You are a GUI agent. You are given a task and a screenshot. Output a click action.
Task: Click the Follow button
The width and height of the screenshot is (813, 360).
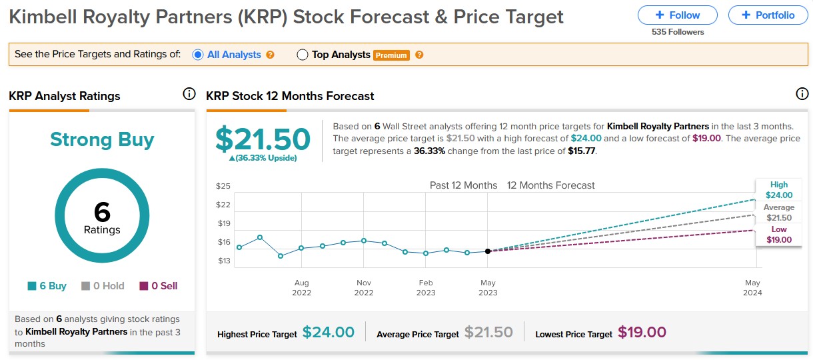pos(677,15)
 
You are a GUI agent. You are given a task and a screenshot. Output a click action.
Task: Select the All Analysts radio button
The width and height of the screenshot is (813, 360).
pos(198,55)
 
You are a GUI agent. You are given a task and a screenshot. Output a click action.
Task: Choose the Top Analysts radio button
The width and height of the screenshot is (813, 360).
pos(303,55)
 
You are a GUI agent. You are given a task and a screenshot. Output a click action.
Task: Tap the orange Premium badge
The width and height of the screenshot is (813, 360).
pos(391,55)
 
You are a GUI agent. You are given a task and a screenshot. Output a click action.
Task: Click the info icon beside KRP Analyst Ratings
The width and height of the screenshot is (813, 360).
pos(189,94)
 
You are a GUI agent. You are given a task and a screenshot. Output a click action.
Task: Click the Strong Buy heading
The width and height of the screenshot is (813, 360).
pos(102,139)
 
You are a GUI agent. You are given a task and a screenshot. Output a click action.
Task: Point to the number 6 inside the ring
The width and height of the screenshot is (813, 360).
pos(102,212)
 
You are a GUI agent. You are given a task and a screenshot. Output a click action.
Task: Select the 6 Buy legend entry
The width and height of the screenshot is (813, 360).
pos(47,286)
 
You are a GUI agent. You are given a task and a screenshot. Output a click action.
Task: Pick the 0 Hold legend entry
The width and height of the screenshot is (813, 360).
pos(103,286)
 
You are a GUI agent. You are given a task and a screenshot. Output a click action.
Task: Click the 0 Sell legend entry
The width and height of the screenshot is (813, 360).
pos(158,286)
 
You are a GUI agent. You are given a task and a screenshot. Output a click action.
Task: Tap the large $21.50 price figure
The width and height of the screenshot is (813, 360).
pos(263,139)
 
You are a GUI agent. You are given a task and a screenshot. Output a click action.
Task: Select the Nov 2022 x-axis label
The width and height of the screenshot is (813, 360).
pos(364,287)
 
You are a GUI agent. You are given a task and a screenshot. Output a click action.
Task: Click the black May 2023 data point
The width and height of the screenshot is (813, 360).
pos(488,251)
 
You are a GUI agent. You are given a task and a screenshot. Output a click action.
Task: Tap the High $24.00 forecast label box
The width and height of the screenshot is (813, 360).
pos(778,190)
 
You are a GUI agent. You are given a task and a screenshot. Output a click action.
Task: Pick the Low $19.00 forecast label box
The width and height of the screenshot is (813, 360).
pos(778,235)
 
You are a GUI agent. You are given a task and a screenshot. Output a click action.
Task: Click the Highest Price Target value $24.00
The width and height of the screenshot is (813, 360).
pos(328,332)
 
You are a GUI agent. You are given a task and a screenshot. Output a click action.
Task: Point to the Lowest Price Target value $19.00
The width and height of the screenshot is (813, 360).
pos(642,332)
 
